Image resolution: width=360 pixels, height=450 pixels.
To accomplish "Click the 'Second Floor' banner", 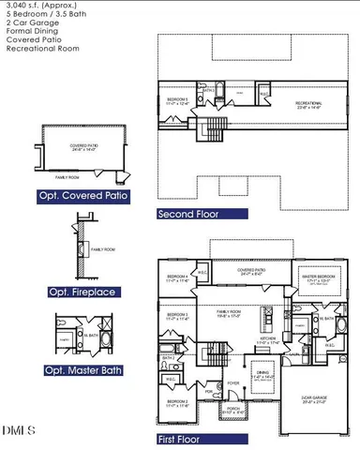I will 188,214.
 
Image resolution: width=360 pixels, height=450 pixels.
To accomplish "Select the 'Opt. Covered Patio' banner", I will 83,196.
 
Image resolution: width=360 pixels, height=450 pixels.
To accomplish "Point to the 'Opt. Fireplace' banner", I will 82,292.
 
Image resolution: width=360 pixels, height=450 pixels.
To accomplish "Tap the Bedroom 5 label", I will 178,100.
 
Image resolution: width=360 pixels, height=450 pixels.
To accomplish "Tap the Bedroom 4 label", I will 178,278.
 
